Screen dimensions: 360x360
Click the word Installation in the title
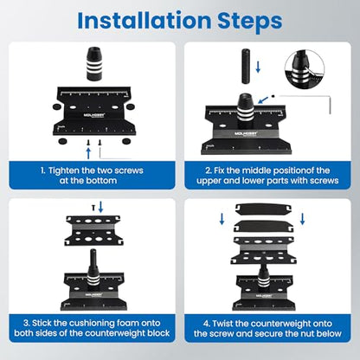pos(145,20)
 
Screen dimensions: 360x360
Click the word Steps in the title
pos(250,22)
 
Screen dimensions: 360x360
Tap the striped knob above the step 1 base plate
pos(94,64)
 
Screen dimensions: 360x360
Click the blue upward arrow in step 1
pos(88,153)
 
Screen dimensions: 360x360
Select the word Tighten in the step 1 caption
pos(63,170)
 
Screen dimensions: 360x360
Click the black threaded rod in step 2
pos(246,67)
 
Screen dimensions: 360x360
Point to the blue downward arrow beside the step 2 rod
pos(258,67)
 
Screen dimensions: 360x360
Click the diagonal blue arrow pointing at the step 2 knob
pos(263,100)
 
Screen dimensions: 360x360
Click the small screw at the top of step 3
pos(93,208)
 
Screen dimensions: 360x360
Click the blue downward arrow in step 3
pos(100,207)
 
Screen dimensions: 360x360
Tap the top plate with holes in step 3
pos(93,230)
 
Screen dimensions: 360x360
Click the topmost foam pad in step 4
pos(263,209)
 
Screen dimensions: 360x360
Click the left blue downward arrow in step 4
pos(222,219)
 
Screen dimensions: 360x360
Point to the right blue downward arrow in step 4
pos(302,219)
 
